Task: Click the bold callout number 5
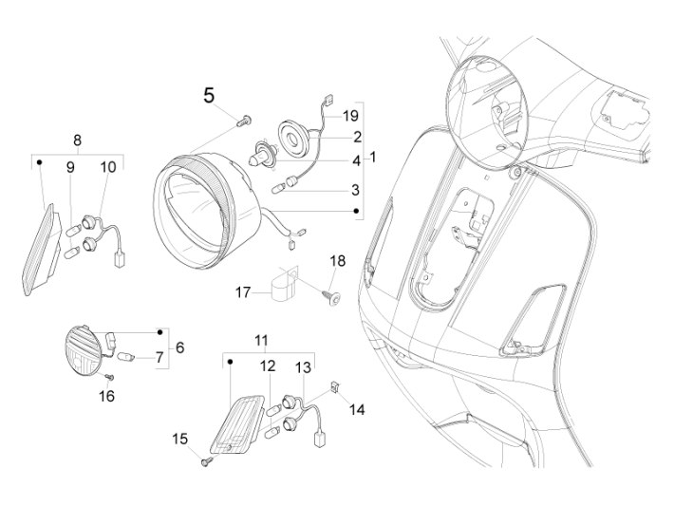[210, 95]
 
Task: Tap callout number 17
[243, 293]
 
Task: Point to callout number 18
[338, 260]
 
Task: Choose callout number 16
[107, 395]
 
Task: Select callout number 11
[260, 339]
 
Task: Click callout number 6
[180, 348]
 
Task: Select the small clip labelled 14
[337, 386]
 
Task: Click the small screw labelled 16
[108, 377]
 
